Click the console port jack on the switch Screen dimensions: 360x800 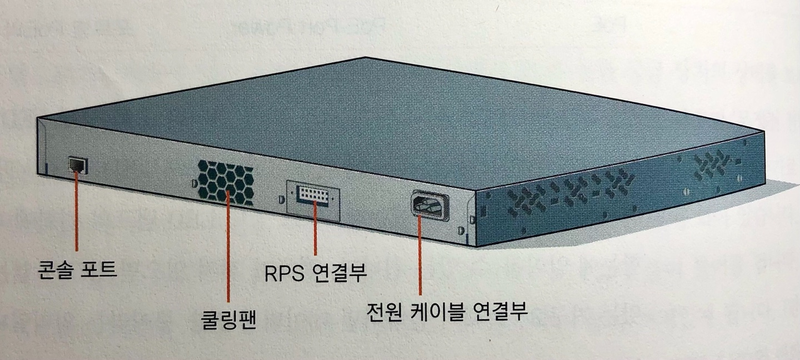pyautogui.click(x=77, y=165)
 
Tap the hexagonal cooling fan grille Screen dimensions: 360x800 pyautogui.click(x=226, y=182)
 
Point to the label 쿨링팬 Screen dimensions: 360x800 pyautogui.click(x=228, y=321)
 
